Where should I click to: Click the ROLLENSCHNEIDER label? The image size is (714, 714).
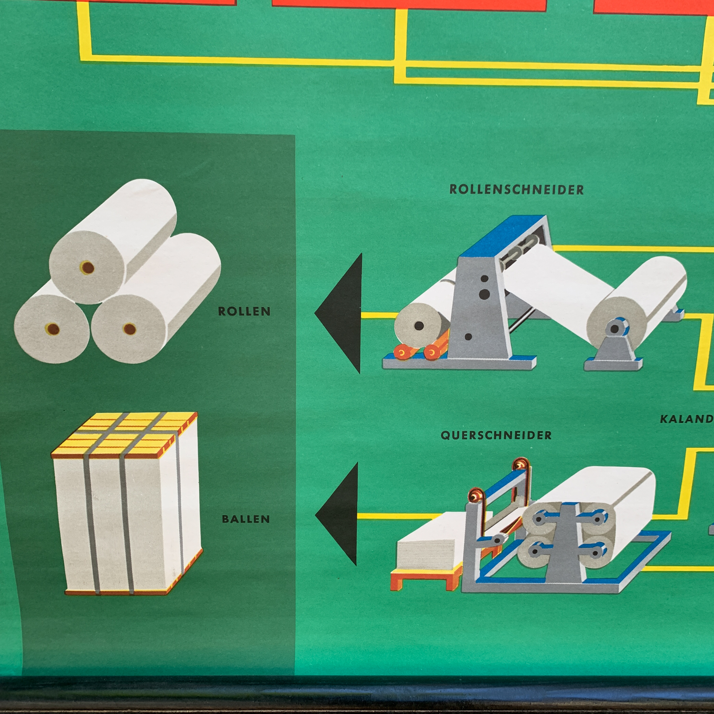point(516,190)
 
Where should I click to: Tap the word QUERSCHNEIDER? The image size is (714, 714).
point(496,435)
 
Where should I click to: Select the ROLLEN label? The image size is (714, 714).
point(244,311)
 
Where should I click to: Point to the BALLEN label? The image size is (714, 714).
point(246,519)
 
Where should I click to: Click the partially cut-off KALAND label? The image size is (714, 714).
point(686,419)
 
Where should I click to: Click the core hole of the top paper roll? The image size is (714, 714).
point(87,267)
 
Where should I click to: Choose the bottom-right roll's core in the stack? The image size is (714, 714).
point(129,329)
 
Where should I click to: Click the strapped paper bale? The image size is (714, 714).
point(127,528)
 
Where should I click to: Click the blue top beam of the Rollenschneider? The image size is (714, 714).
point(504,234)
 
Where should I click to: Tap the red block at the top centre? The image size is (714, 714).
point(409,4)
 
